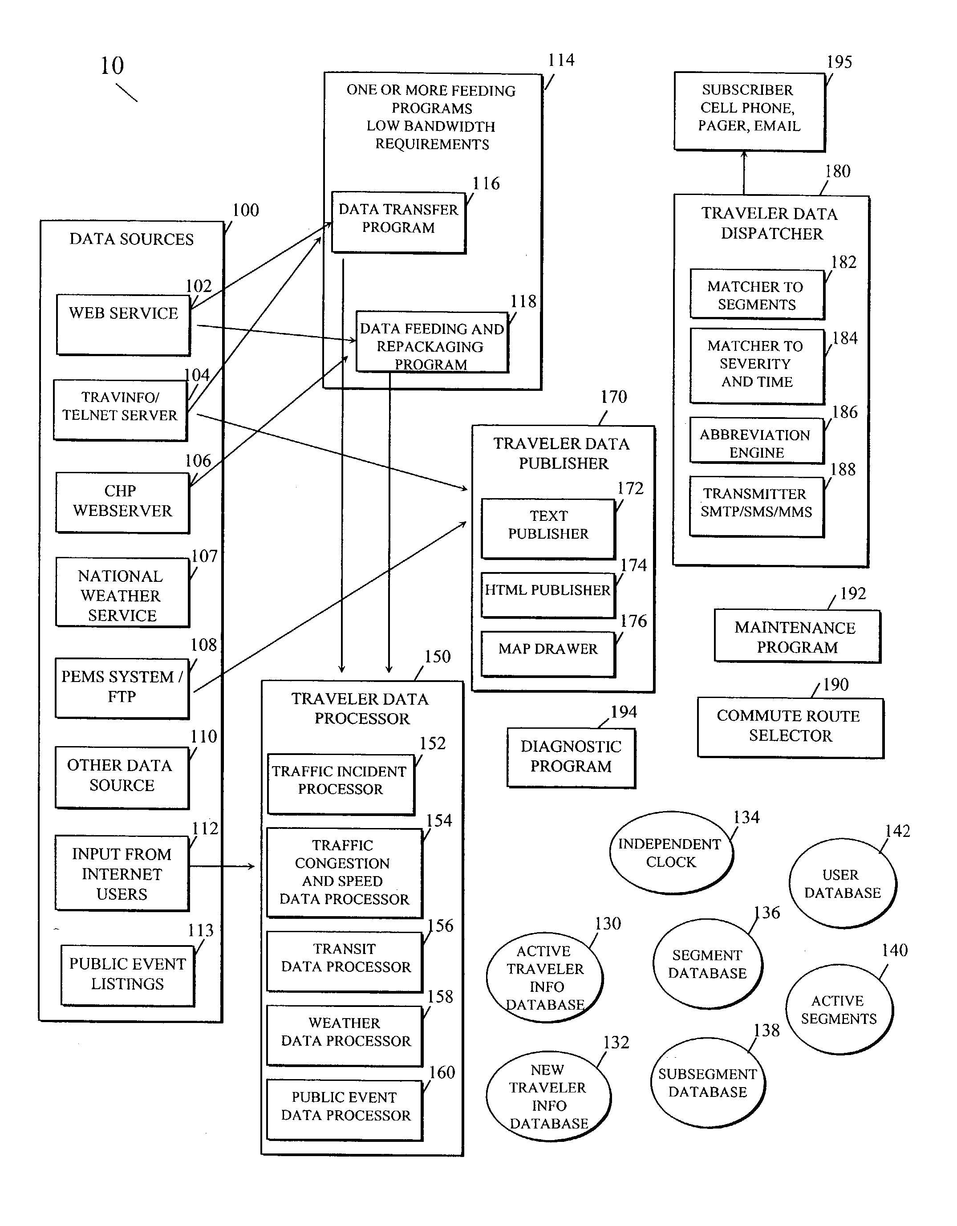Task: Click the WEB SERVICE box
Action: click(x=123, y=325)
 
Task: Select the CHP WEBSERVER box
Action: click(x=123, y=503)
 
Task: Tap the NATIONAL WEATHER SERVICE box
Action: click(x=123, y=592)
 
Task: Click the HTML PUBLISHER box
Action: click(x=548, y=596)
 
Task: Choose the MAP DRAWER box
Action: click(x=548, y=654)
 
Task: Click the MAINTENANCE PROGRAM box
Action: click(x=798, y=637)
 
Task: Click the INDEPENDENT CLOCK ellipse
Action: click(x=671, y=853)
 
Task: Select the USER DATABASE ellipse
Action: click(x=843, y=884)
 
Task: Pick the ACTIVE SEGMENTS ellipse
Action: click(x=839, y=1009)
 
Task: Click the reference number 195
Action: click(x=839, y=62)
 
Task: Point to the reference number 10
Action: click(x=112, y=66)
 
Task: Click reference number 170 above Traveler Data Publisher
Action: click(x=613, y=397)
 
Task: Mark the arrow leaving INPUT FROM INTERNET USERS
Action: click(x=222, y=867)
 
